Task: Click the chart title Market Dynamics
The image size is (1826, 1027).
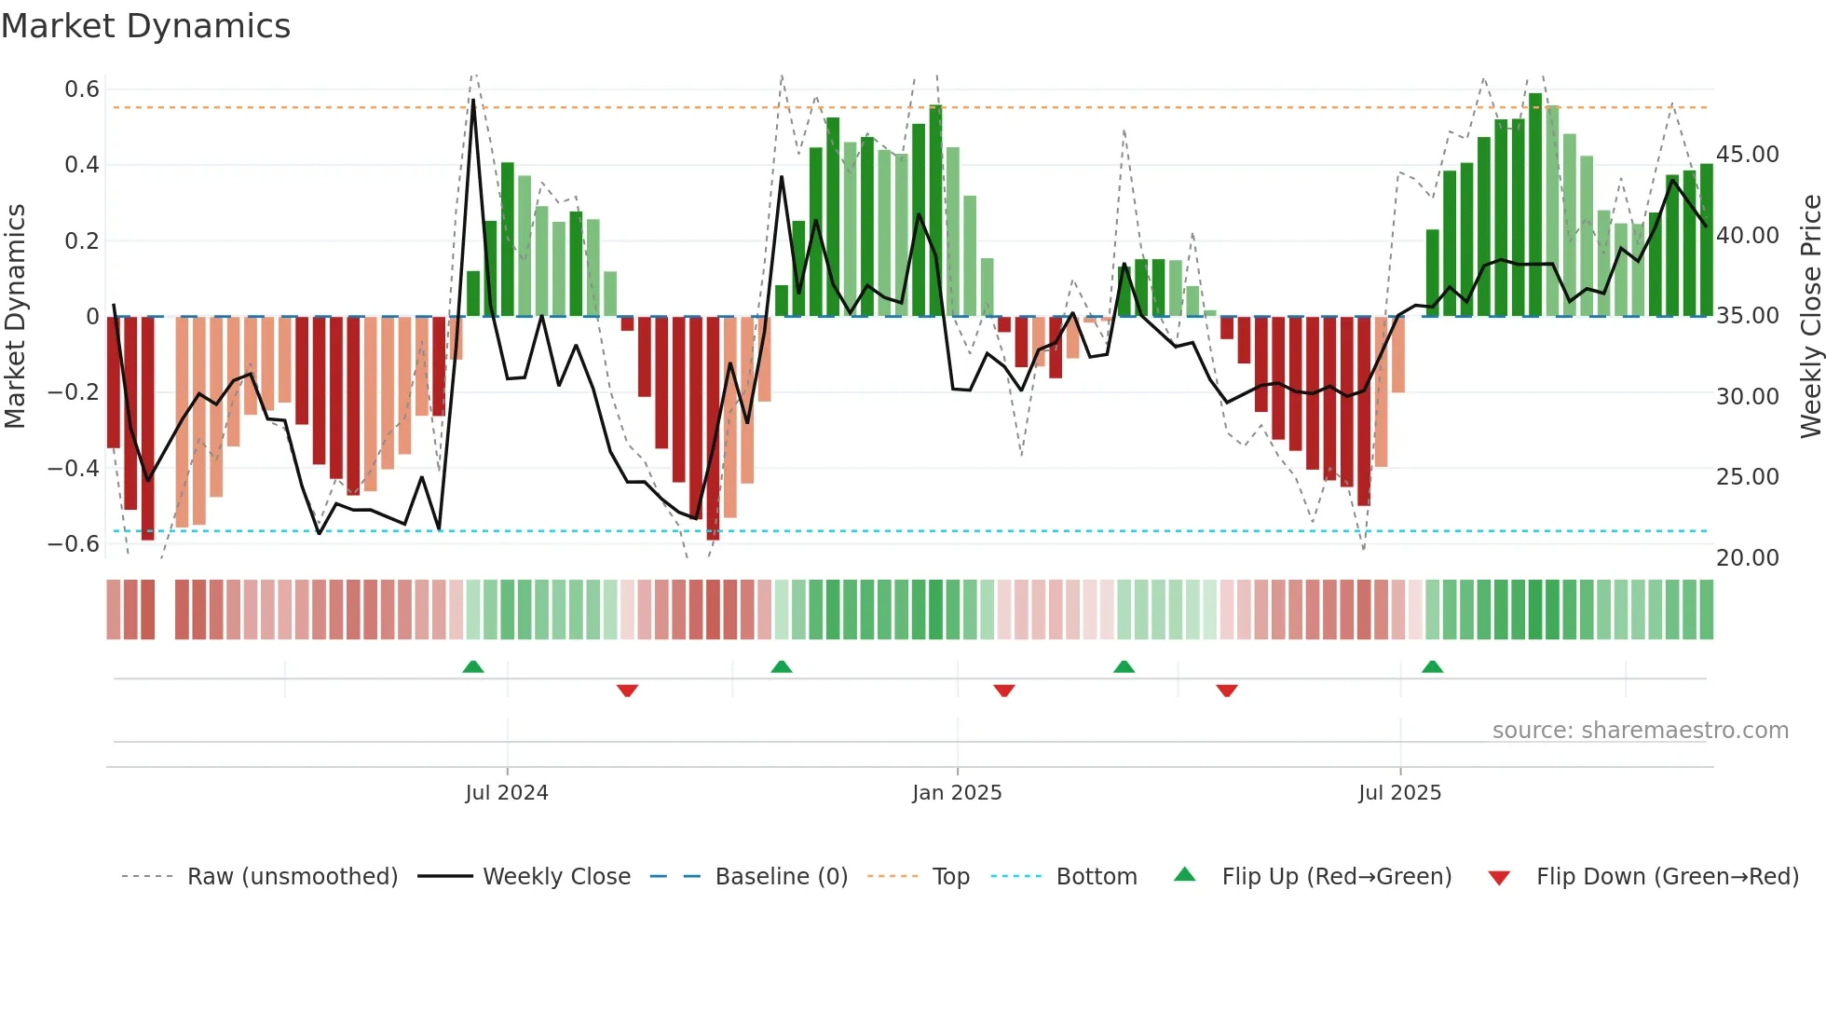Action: click(x=146, y=26)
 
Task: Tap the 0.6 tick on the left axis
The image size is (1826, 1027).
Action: click(x=82, y=89)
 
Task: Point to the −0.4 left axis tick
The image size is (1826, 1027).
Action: click(x=74, y=468)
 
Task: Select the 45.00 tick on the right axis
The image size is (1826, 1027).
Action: click(x=1747, y=155)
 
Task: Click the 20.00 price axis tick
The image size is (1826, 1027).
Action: click(x=1747, y=558)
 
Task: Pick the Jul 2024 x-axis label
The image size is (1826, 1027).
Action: click(x=507, y=793)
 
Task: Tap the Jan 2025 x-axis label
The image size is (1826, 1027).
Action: click(x=957, y=793)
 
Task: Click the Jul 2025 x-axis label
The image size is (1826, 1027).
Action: click(x=1399, y=793)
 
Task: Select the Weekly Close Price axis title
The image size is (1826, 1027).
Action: click(x=1810, y=317)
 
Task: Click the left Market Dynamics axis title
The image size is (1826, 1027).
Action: click(x=15, y=317)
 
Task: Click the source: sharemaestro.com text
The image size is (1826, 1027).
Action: click(x=1640, y=731)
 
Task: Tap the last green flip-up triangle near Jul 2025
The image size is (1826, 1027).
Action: click(x=1432, y=666)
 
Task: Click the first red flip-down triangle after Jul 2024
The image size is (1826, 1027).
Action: click(x=627, y=691)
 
